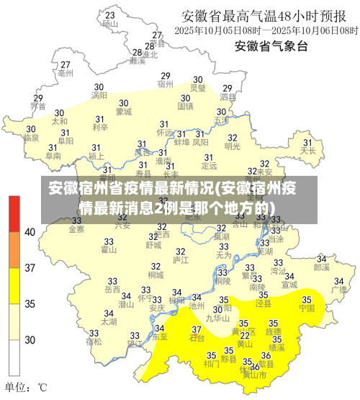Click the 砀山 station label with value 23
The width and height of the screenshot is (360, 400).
109,23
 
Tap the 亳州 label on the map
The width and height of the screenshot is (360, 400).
65,73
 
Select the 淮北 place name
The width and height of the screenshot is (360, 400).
150,55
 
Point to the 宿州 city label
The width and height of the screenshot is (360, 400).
166,84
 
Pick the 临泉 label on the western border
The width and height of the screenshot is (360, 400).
31,137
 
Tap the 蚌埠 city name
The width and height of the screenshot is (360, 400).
181,143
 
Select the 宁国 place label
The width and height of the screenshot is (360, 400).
307,308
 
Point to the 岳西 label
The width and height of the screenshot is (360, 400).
112,289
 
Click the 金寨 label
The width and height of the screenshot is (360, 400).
76,229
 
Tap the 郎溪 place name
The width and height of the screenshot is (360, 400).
322,267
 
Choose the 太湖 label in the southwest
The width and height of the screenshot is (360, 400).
109,321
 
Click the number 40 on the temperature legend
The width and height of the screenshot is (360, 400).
30,232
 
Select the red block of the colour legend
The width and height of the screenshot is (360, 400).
14,213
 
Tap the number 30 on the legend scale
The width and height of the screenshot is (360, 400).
30,339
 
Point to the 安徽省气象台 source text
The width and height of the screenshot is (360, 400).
271,46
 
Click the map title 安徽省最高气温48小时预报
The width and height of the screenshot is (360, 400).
267,15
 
